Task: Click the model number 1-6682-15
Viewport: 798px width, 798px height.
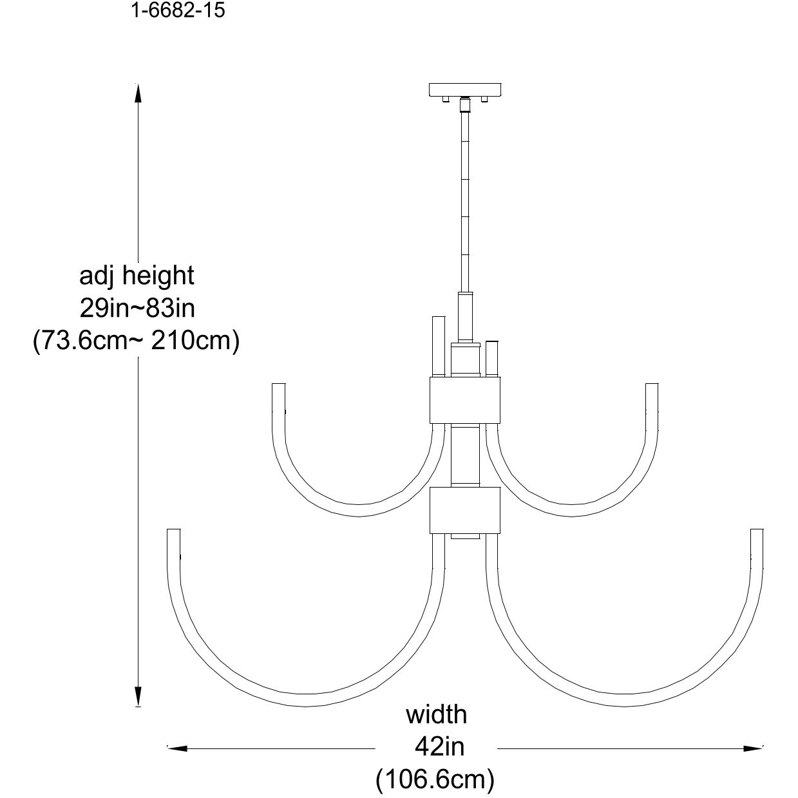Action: tap(178, 11)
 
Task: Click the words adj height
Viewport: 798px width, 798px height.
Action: tap(137, 276)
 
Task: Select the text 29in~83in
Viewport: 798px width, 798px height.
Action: tap(137, 308)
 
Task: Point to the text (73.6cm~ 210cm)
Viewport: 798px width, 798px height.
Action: tap(137, 340)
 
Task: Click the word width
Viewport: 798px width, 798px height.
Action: tap(436, 715)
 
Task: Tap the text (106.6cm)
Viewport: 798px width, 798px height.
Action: tap(435, 779)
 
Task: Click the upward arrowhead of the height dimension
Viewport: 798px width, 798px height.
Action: tap(137, 93)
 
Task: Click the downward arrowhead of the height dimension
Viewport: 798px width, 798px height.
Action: tap(137, 697)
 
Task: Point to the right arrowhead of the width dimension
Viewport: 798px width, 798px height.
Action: tap(753, 748)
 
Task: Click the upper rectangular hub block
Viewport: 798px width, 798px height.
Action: tap(464, 400)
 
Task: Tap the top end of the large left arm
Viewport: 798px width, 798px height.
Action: tap(173, 534)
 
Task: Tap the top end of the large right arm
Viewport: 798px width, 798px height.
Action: tap(757, 534)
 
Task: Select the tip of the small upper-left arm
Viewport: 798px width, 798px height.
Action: tap(278, 388)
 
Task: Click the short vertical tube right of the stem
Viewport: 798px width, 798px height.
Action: tap(492, 358)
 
